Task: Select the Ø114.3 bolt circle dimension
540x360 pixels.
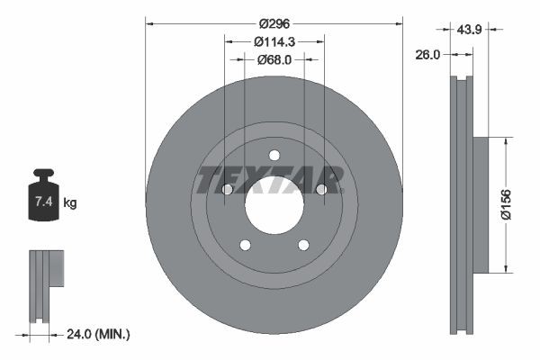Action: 274,42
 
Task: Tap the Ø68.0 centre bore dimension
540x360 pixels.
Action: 274,60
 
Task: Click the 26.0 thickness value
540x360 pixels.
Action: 428,54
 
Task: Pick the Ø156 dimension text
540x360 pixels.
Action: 508,203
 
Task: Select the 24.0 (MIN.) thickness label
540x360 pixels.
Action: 98,334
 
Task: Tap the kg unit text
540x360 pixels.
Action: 70,203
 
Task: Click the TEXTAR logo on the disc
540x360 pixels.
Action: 269,180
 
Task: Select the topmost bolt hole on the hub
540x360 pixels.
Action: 274,155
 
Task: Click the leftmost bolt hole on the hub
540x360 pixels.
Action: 228,189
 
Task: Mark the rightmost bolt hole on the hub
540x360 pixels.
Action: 321,189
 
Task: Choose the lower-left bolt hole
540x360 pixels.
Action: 246,244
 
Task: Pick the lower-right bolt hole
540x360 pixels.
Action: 303,244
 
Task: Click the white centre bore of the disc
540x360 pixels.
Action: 274,204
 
